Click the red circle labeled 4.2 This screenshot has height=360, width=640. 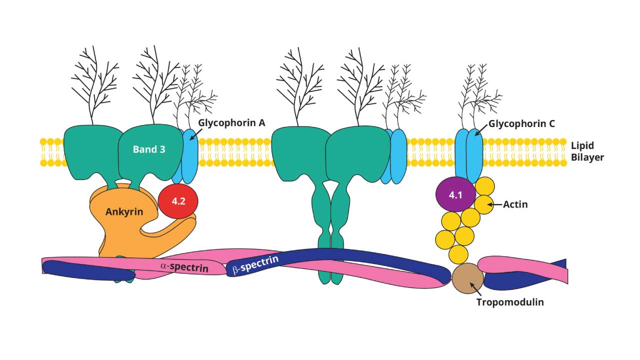pyautogui.click(x=178, y=201)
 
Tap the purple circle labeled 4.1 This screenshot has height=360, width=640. pyautogui.click(x=454, y=195)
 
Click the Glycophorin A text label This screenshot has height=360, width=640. pyautogui.click(x=231, y=123)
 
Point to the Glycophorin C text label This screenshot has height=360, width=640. pyautogui.click(x=521, y=123)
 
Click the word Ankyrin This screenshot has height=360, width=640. pyautogui.click(x=124, y=211)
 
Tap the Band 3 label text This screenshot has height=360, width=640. pyautogui.click(x=148, y=149)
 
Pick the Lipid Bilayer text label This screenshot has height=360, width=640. pyautogui.click(x=587, y=151)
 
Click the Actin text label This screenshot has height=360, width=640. pyautogui.click(x=515, y=204)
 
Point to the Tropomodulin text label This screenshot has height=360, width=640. pyautogui.click(x=509, y=302)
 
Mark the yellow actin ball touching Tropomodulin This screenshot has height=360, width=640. pyautogui.click(x=458, y=254)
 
